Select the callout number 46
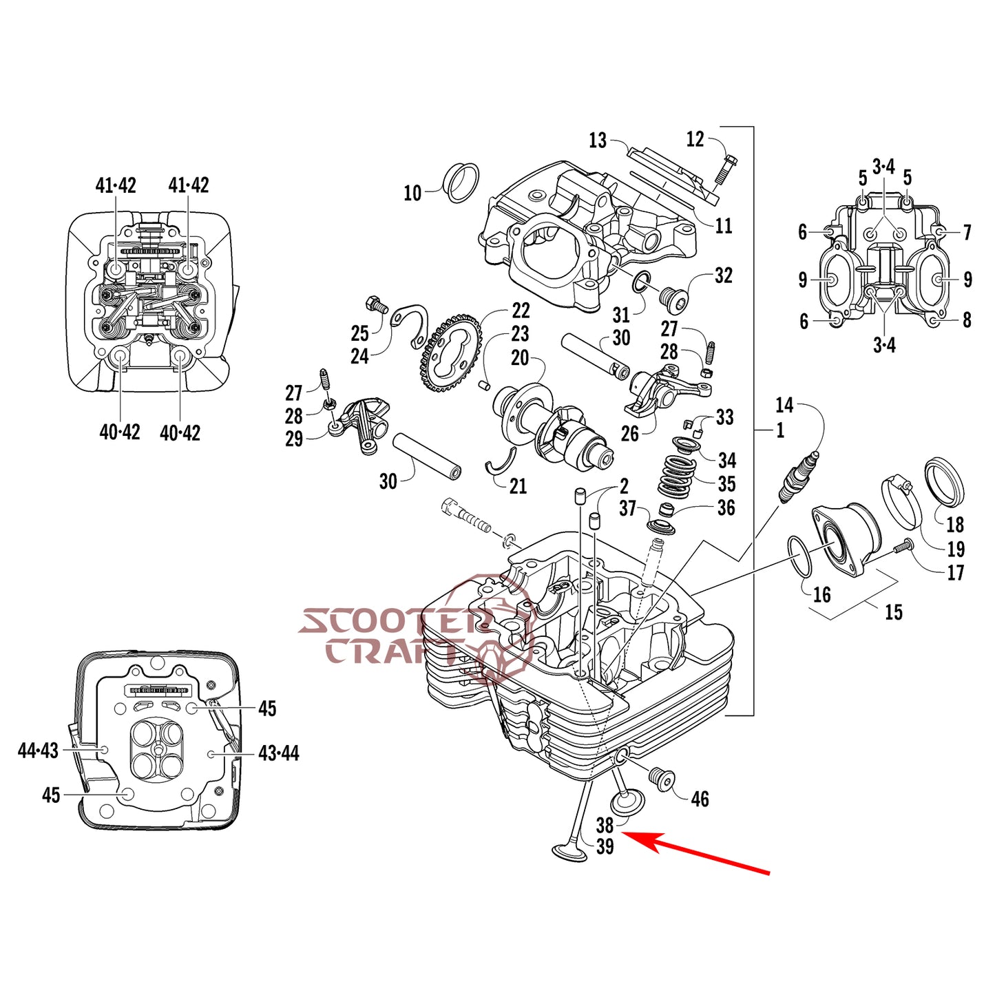coord(700,799)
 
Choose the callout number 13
coord(598,140)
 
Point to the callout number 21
coord(518,486)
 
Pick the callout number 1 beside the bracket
coord(780,430)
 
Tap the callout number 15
coord(893,612)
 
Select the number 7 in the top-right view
coord(967,232)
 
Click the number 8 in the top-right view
coord(967,320)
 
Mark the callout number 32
coord(723,275)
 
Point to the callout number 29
coord(294,439)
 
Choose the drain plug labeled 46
coord(664,780)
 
